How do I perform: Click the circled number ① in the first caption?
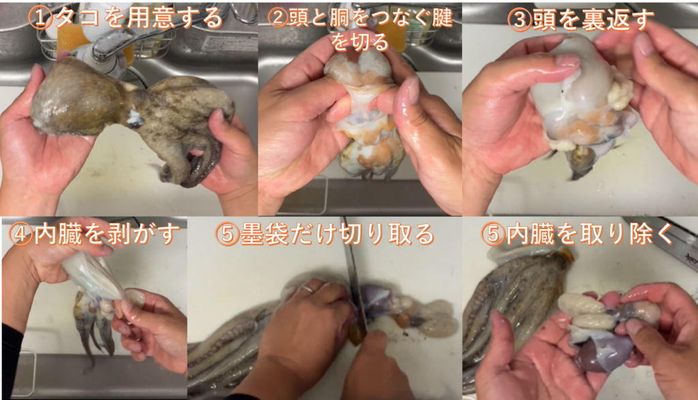(x=40, y=18)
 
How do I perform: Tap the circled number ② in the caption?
(x=279, y=18)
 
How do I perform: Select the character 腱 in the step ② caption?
(x=442, y=18)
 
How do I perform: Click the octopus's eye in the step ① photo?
(x=135, y=121)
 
